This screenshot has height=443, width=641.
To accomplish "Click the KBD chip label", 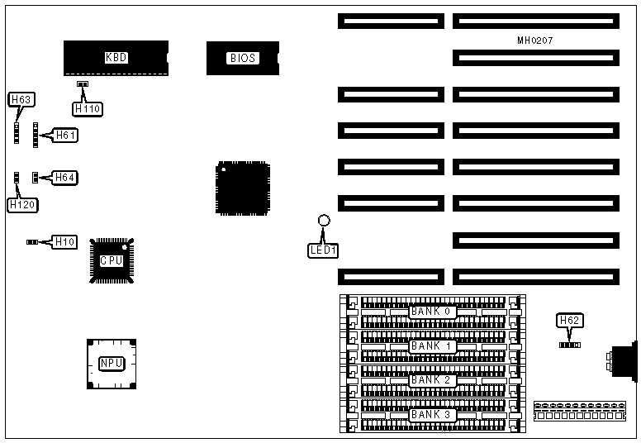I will pos(116,58).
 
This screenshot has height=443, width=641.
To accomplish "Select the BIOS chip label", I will pos(243,58).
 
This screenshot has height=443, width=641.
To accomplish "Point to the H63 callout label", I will pos(21,100).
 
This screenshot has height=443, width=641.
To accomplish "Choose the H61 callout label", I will pos(65,135).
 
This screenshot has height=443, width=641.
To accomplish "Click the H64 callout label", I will pos(65,177).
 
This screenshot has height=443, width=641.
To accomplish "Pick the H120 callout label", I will pos(21,203).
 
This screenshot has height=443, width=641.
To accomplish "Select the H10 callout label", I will pos(64,242).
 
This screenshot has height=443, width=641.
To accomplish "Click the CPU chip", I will pos(112,260).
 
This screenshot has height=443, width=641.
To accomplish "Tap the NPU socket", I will pos(112,364).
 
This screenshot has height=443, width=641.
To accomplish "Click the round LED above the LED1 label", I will pos(325,221).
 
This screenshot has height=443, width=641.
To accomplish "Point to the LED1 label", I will pos(324,249).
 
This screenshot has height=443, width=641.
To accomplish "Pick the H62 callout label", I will pos(569,321).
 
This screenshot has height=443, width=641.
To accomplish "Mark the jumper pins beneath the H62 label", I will pos(569,342).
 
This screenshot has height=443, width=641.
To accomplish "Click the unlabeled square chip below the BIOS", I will pos(243,188).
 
